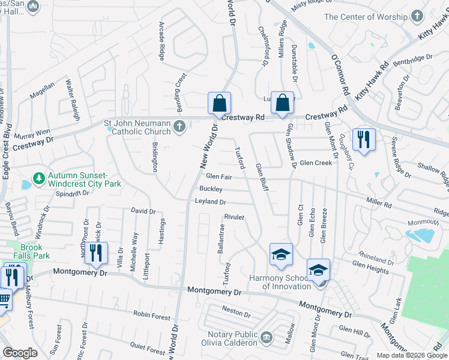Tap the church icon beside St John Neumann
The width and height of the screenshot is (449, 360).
[179, 126]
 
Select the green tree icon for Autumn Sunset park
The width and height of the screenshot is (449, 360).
[40, 179]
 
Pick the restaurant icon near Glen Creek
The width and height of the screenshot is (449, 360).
[363, 140]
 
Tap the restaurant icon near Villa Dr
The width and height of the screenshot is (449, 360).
[96, 253]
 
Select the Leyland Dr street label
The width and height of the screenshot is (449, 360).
[210, 202]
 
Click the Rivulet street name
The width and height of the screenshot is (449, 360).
[234, 217]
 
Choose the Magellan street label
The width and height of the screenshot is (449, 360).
[42, 93]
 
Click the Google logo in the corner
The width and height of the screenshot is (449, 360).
[20, 353]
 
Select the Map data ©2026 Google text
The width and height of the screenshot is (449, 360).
[411, 355]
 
